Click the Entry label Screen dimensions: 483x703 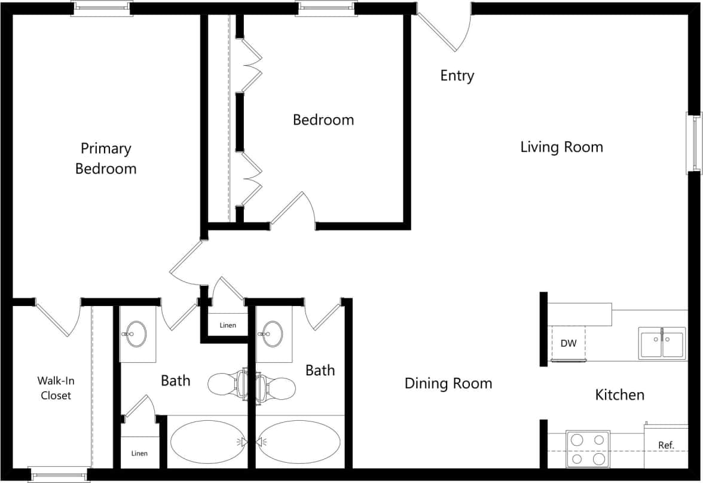tap(457, 76)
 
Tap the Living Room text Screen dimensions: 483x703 tap(561, 147)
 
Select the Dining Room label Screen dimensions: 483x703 tap(448, 383)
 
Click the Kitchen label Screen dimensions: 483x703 tap(620, 395)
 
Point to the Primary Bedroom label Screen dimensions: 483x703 tap(106, 158)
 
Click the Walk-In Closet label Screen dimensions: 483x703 tap(56, 388)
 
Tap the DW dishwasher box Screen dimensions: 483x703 tap(568, 344)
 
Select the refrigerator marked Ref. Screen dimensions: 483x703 tap(666, 446)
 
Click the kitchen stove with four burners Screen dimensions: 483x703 tap(588, 449)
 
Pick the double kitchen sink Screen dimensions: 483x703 tap(662, 343)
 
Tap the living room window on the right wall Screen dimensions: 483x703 tap(696, 143)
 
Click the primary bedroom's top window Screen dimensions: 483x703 tap(102, 8)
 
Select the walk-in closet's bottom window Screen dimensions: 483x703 tap(59, 475)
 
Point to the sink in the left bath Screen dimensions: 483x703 tap(137, 334)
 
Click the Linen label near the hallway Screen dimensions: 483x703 tap(228, 326)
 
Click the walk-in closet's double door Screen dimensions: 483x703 tap(58, 315)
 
